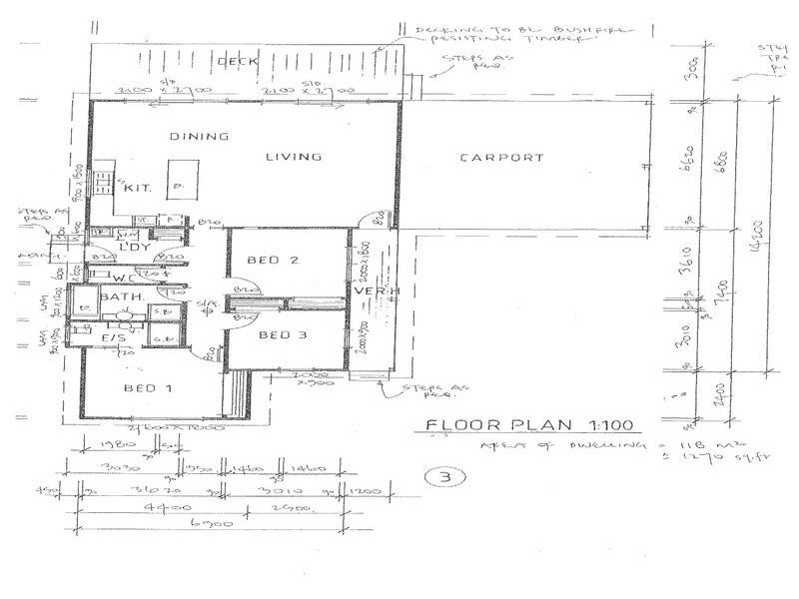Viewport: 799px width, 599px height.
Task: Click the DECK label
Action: tap(239, 62)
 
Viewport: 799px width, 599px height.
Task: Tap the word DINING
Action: tap(199, 137)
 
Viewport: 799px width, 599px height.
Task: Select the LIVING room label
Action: tap(293, 157)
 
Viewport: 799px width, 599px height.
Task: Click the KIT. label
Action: tap(137, 188)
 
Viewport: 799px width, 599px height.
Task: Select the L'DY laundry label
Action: tap(133, 247)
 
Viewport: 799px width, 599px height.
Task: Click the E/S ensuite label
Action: tap(112, 339)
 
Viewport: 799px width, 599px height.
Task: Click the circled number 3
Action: tap(438, 476)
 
